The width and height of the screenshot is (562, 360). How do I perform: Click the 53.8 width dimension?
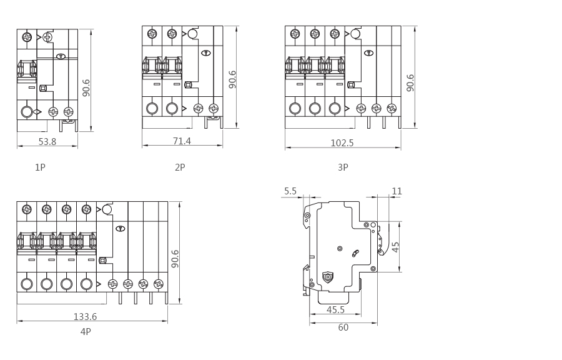coord(47,142)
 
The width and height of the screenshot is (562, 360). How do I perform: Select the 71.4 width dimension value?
coord(182,141)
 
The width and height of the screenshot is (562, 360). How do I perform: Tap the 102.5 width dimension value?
coord(342,143)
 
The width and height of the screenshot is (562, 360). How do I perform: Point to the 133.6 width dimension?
coord(85,317)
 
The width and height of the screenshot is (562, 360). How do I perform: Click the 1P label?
coord(40,167)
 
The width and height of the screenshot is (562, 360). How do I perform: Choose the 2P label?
coord(180,167)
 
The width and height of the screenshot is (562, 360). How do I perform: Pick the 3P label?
coord(343,167)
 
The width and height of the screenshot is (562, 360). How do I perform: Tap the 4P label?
coord(86,332)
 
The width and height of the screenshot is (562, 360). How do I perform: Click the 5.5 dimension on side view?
coord(290,191)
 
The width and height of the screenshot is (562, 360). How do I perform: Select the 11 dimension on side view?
coord(397,191)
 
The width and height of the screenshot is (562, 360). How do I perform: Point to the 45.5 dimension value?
coord(335,309)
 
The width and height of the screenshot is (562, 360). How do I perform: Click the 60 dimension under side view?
coord(343,327)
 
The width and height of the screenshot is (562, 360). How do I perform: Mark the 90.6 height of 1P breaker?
coord(86,87)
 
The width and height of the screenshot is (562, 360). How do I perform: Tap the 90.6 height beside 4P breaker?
coord(175,259)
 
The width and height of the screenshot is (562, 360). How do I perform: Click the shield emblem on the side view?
coord(328,277)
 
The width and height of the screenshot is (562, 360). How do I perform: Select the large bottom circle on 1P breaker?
coord(27,112)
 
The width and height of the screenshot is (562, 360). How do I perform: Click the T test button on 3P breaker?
coord(369,53)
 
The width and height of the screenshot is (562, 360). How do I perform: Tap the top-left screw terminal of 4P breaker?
coord(27,209)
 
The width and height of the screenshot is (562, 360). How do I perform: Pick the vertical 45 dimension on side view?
coord(395,247)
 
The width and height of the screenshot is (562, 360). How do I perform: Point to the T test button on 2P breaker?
coord(206,53)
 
